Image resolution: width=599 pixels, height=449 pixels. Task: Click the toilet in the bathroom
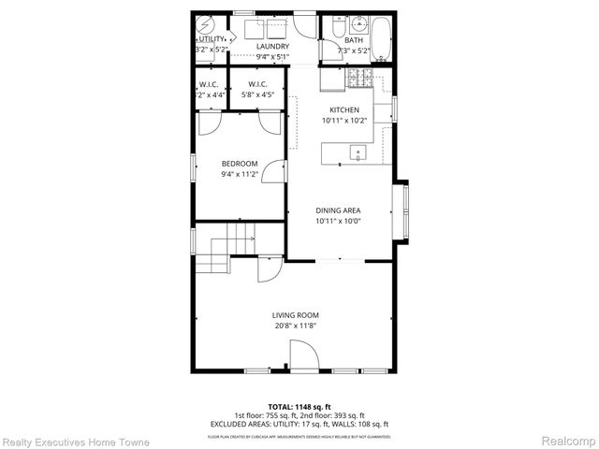coord(337,29)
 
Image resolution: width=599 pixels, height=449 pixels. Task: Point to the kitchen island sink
coord(357,152)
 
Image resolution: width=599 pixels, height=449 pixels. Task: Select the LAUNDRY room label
coord(273,46)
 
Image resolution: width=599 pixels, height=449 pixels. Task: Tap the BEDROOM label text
coord(239,164)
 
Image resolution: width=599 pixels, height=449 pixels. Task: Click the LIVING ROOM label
coord(296,315)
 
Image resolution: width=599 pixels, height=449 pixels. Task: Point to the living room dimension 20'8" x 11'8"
coord(296,326)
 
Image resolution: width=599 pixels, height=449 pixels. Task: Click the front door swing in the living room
coord(302,355)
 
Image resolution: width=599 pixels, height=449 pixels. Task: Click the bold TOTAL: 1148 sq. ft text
coord(299,407)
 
